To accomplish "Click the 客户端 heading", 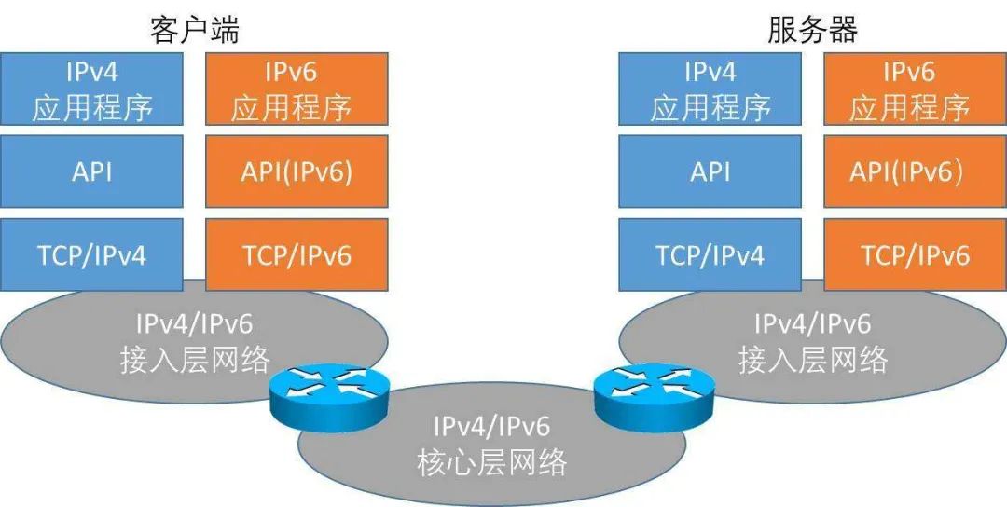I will (195, 30).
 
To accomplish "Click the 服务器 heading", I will (812, 30).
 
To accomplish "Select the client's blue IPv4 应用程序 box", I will (92, 89).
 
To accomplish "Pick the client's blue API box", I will (92, 172).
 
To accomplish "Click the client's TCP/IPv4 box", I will (92, 253).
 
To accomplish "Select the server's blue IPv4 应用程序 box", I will (710, 89).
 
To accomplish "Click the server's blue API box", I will (710, 172).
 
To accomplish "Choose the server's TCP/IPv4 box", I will (710, 253).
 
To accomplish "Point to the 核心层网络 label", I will (491, 460).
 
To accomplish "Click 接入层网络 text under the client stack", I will (195, 360).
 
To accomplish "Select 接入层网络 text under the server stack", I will (813, 360).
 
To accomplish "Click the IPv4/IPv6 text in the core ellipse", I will (491, 427).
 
